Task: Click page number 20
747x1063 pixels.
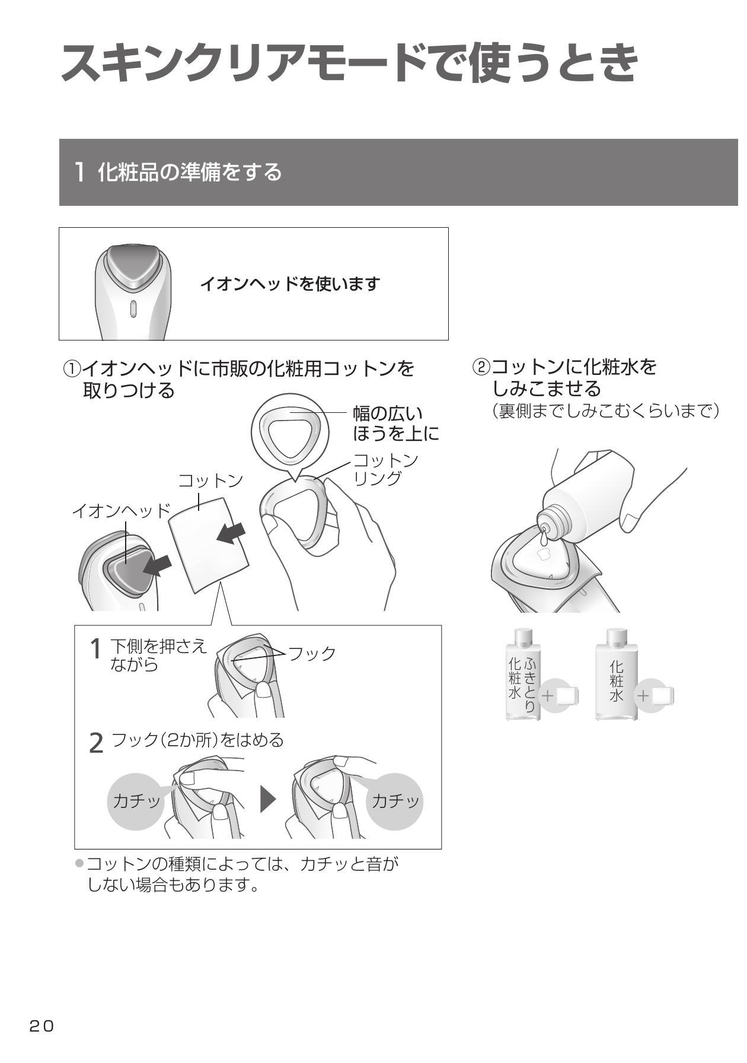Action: [41, 1026]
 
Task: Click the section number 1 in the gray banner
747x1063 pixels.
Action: [79, 173]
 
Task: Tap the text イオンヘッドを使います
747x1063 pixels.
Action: [289, 284]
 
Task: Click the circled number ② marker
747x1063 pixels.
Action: [481, 367]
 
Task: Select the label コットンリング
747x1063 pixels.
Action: [386, 469]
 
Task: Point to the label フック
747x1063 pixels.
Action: [311, 653]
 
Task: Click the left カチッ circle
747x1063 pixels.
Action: [136, 801]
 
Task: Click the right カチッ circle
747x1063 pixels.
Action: [395, 801]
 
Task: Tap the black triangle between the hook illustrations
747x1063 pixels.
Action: [268, 800]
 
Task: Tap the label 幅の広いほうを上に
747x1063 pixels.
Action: [396, 423]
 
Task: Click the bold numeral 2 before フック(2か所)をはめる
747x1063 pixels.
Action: [95, 743]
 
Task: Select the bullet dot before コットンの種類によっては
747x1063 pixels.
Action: [79, 863]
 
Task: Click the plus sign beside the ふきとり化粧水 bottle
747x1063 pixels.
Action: [548, 695]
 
